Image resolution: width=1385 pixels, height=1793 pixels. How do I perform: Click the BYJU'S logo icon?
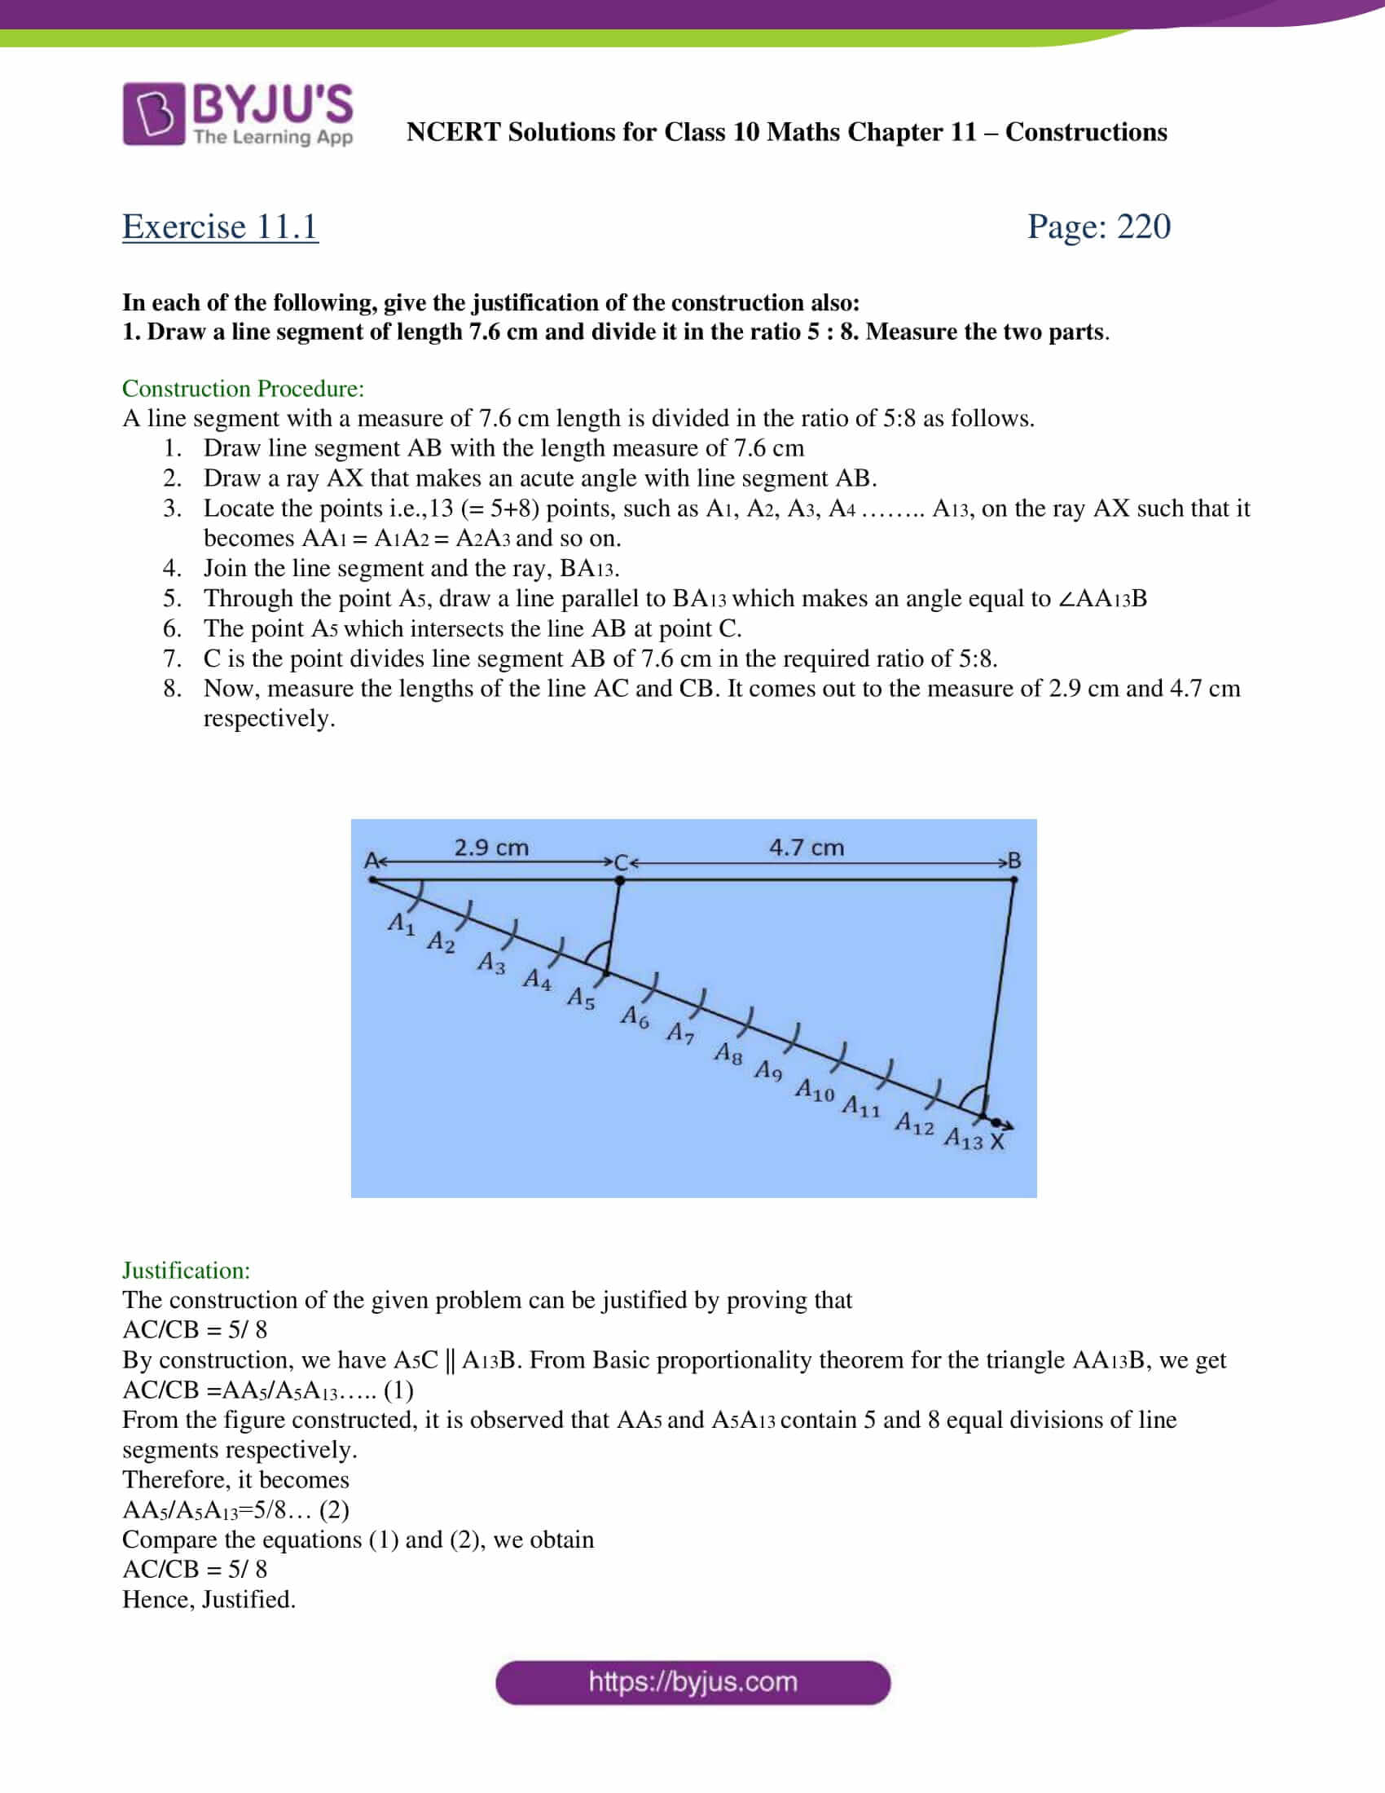[153, 114]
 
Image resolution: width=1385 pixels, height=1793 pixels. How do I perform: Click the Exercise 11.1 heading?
[220, 227]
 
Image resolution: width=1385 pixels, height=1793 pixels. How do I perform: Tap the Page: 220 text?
[1098, 227]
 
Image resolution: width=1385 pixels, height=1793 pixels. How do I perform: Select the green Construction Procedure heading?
[243, 388]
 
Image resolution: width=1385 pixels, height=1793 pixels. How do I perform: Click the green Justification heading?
[187, 1270]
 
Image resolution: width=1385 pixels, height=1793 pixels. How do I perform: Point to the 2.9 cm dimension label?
[490, 848]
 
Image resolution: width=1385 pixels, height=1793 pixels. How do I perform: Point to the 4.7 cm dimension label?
[806, 848]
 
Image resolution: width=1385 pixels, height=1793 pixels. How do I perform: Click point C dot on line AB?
[619, 880]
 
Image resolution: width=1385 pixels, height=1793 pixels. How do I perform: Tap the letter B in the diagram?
[1014, 861]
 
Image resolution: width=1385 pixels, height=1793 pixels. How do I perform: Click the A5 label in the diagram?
[581, 998]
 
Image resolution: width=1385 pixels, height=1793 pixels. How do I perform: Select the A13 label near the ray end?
[962, 1139]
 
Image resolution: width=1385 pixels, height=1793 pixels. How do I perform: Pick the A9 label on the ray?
[768, 1071]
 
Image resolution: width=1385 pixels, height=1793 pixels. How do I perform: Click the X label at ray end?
[997, 1142]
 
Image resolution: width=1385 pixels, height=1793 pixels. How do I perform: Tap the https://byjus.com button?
[692, 1682]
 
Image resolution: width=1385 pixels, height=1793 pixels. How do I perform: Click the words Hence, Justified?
[209, 1599]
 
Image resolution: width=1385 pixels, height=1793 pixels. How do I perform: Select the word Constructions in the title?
[1085, 132]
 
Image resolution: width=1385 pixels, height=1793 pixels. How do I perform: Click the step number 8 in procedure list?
[171, 688]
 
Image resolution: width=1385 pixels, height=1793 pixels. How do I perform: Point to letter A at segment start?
[371, 861]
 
